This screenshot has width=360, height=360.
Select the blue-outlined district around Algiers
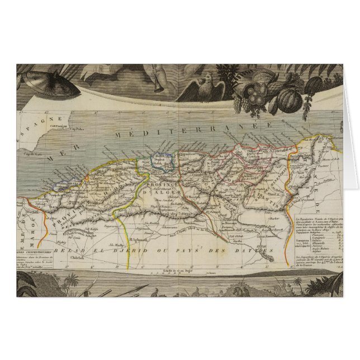click(x=163, y=163)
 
